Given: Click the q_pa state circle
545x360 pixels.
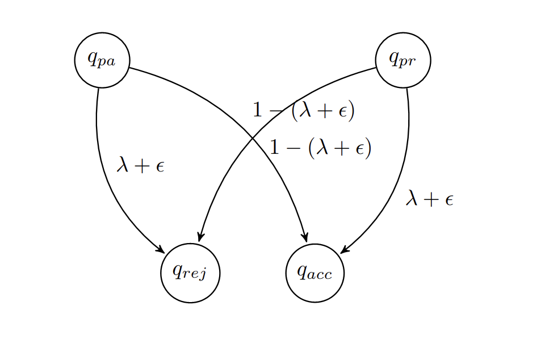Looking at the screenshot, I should tap(102, 60).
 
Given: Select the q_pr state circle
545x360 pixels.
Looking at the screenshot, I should tap(403, 60).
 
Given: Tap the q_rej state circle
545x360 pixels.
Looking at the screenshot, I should tap(190, 273).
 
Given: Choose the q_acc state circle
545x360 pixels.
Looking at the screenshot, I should tap(315, 273).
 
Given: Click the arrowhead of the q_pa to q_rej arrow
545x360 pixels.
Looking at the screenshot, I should tap(161, 250).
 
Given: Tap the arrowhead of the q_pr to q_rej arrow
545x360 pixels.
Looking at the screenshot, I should tap(200, 237).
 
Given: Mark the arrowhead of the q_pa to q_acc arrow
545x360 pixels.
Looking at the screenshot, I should tap(305, 237).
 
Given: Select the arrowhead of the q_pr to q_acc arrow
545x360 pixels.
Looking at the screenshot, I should tap(344, 250).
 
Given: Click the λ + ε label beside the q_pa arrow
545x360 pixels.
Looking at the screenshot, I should tap(140, 166).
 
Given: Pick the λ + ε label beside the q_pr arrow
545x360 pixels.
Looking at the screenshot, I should tap(430, 199).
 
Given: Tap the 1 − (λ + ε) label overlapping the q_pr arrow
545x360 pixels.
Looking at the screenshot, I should tap(303, 111).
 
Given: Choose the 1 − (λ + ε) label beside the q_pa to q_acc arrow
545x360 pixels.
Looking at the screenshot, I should tap(320, 148).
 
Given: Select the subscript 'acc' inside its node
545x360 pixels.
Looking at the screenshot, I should tap(321, 275).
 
